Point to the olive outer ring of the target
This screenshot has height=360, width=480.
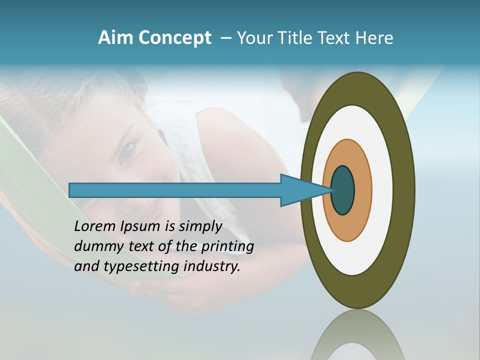[406, 190]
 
